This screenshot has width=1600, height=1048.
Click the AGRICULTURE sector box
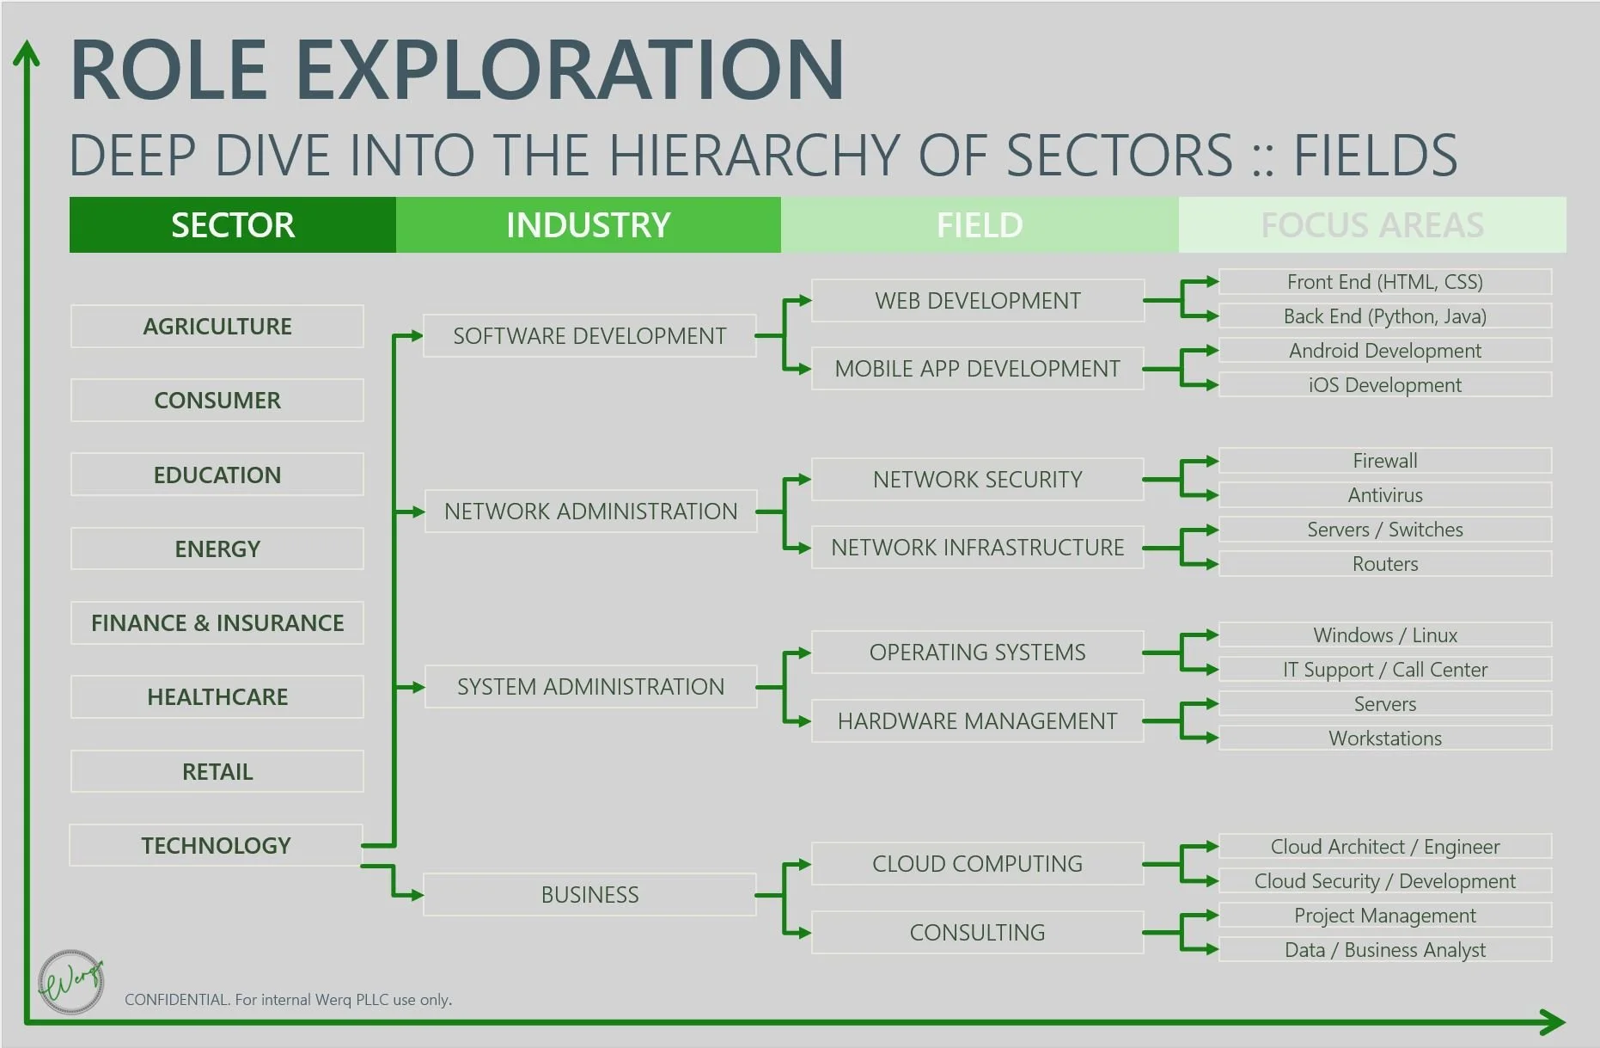tap(217, 327)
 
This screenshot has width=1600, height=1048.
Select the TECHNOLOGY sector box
tap(216, 846)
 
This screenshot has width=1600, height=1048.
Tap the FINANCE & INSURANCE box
tap(217, 623)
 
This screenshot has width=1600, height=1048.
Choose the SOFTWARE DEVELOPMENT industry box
tap(589, 336)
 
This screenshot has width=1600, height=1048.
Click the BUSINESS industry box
tap(589, 895)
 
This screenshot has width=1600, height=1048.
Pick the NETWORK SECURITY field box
tap(977, 480)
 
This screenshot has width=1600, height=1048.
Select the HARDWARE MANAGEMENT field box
tap(977, 721)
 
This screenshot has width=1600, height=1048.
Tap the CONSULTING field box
tap(977, 933)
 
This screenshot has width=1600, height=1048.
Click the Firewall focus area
tap(1384, 461)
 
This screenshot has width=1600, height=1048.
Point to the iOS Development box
tap(1384, 385)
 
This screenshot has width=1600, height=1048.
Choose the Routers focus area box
tap(1384, 564)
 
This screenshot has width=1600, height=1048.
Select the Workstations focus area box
tap(1384, 739)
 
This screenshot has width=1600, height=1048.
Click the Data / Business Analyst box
tap(1384, 950)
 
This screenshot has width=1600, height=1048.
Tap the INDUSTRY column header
tap(588, 225)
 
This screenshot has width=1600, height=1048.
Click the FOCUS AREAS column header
tap(1371, 225)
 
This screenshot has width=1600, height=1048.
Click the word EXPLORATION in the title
tap(570, 70)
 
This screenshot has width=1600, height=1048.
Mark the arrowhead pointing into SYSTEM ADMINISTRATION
tap(417, 688)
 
